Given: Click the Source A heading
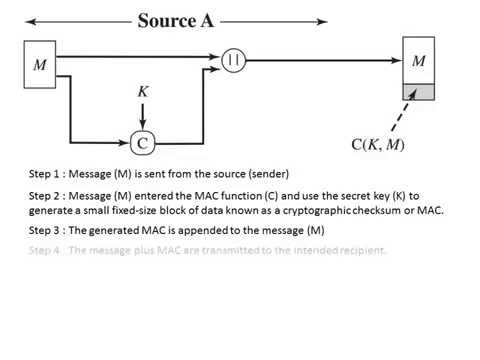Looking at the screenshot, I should tap(176, 20).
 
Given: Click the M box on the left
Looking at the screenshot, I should tap(41, 65).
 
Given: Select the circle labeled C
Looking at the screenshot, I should tap(143, 143).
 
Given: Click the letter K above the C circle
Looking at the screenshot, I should tap(143, 91).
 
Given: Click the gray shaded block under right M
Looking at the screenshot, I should tap(419, 93).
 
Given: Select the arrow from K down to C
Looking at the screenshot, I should tap(143, 115).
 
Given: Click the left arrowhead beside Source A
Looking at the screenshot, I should tap(29, 20).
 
